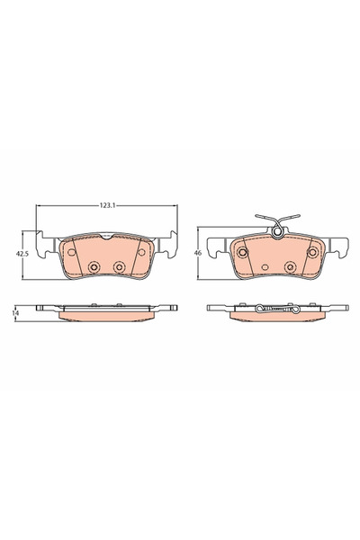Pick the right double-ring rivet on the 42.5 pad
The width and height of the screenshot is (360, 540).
click(119, 266)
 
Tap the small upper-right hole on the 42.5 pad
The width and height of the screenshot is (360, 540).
click(140, 252)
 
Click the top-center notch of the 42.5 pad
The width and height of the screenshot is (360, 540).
click(106, 236)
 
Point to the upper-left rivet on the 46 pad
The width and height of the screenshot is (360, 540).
click(242, 252)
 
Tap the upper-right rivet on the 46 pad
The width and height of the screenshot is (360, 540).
click(312, 252)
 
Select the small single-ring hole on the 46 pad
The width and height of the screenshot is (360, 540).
click(264, 266)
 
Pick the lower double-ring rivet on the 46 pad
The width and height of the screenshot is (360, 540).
click(289, 266)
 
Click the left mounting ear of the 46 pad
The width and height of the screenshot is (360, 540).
click(214, 245)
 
